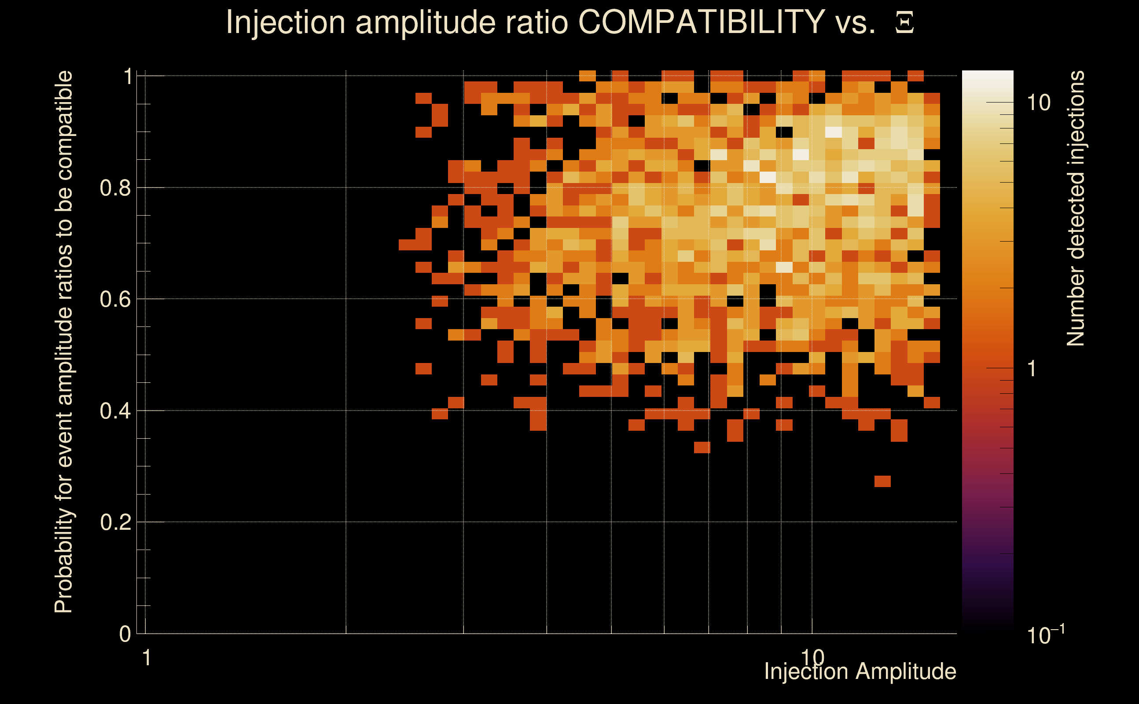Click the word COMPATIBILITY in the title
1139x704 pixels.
tap(701, 22)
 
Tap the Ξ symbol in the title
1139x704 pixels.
tap(904, 23)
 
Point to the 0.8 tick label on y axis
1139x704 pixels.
tap(115, 188)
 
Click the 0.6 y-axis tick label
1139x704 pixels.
tap(115, 299)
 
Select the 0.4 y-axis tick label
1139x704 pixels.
tap(115, 411)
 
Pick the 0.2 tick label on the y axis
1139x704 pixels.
tap(115, 522)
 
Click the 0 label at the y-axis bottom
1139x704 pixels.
tap(125, 634)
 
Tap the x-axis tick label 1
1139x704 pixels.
tap(147, 658)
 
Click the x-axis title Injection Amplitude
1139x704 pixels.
tap(860, 671)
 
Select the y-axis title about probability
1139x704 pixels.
tap(64, 342)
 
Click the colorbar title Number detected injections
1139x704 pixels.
tap(1075, 208)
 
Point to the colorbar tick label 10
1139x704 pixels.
tap(1038, 103)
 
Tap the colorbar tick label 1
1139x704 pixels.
tap(1032, 369)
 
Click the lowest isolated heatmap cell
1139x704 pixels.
tap(882, 481)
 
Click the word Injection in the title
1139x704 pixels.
tap(286, 22)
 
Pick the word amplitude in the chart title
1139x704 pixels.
tap(425, 22)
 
